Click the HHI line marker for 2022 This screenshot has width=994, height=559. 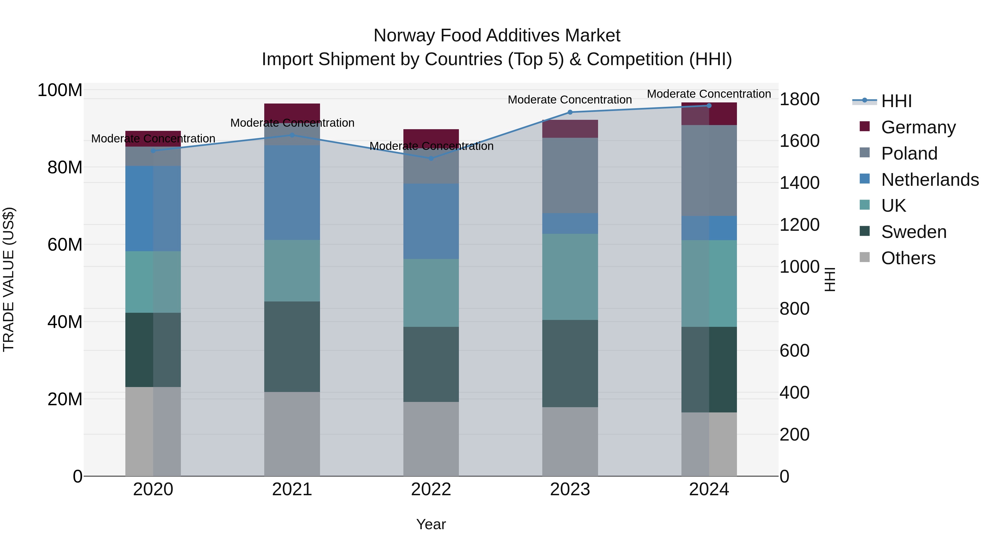[x=431, y=158]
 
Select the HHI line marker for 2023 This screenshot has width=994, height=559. [x=570, y=112]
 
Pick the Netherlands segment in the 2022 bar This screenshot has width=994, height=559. [x=431, y=221]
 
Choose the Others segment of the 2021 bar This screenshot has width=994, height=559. [x=292, y=434]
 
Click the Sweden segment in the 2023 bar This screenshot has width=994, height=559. [x=570, y=363]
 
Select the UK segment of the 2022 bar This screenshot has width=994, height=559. [x=431, y=293]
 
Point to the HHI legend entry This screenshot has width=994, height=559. [x=896, y=101]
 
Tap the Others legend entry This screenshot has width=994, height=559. [x=908, y=258]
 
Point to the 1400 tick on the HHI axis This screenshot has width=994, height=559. [x=799, y=183]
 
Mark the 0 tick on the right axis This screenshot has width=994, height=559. [x=784, y=477]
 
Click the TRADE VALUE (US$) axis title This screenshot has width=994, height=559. [x=9, y=279]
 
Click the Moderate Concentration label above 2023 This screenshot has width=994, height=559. [x=570, y=100]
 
